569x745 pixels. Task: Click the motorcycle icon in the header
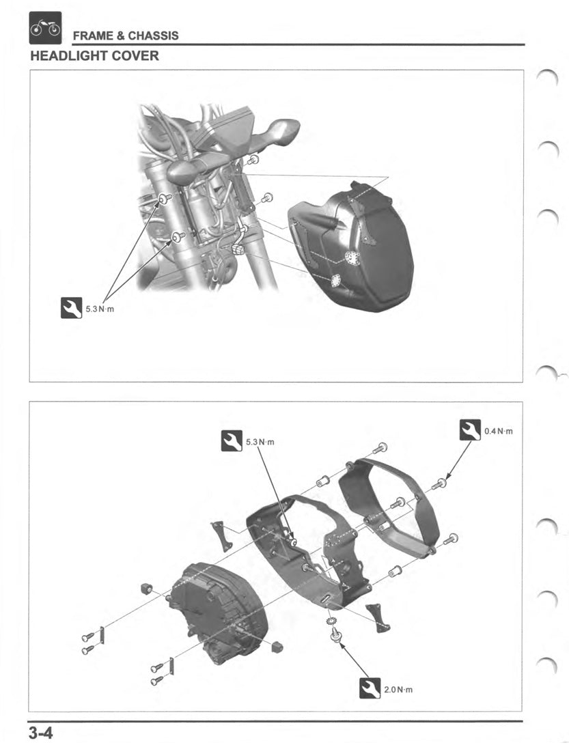[45, 28]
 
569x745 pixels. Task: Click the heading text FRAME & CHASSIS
[126, 36]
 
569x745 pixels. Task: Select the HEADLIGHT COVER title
[95, 56]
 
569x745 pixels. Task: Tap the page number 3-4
[41, 734]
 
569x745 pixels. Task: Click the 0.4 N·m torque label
[498, 432]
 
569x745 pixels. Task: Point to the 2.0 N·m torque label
[398, 690]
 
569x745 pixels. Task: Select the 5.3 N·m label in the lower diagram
[260, 442]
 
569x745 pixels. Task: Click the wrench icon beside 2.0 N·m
[370, 688]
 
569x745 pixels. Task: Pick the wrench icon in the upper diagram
[71, 309]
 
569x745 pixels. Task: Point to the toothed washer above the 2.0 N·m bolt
[333, 623]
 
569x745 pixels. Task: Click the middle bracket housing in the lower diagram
[307, 546]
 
